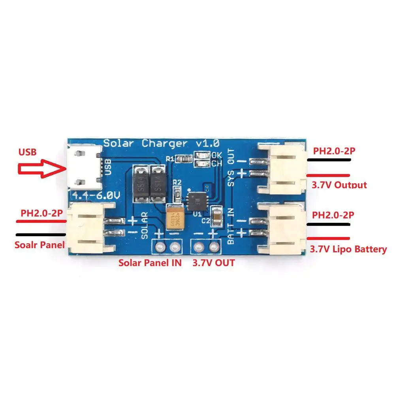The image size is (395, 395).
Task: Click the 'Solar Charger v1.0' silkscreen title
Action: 161,143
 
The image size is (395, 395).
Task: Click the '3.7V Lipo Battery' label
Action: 348,250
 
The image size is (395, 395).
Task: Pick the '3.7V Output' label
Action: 339,185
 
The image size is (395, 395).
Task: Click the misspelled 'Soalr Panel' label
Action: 39,245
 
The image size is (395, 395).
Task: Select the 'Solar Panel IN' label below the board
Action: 150,263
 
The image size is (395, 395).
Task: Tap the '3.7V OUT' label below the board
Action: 213,263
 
